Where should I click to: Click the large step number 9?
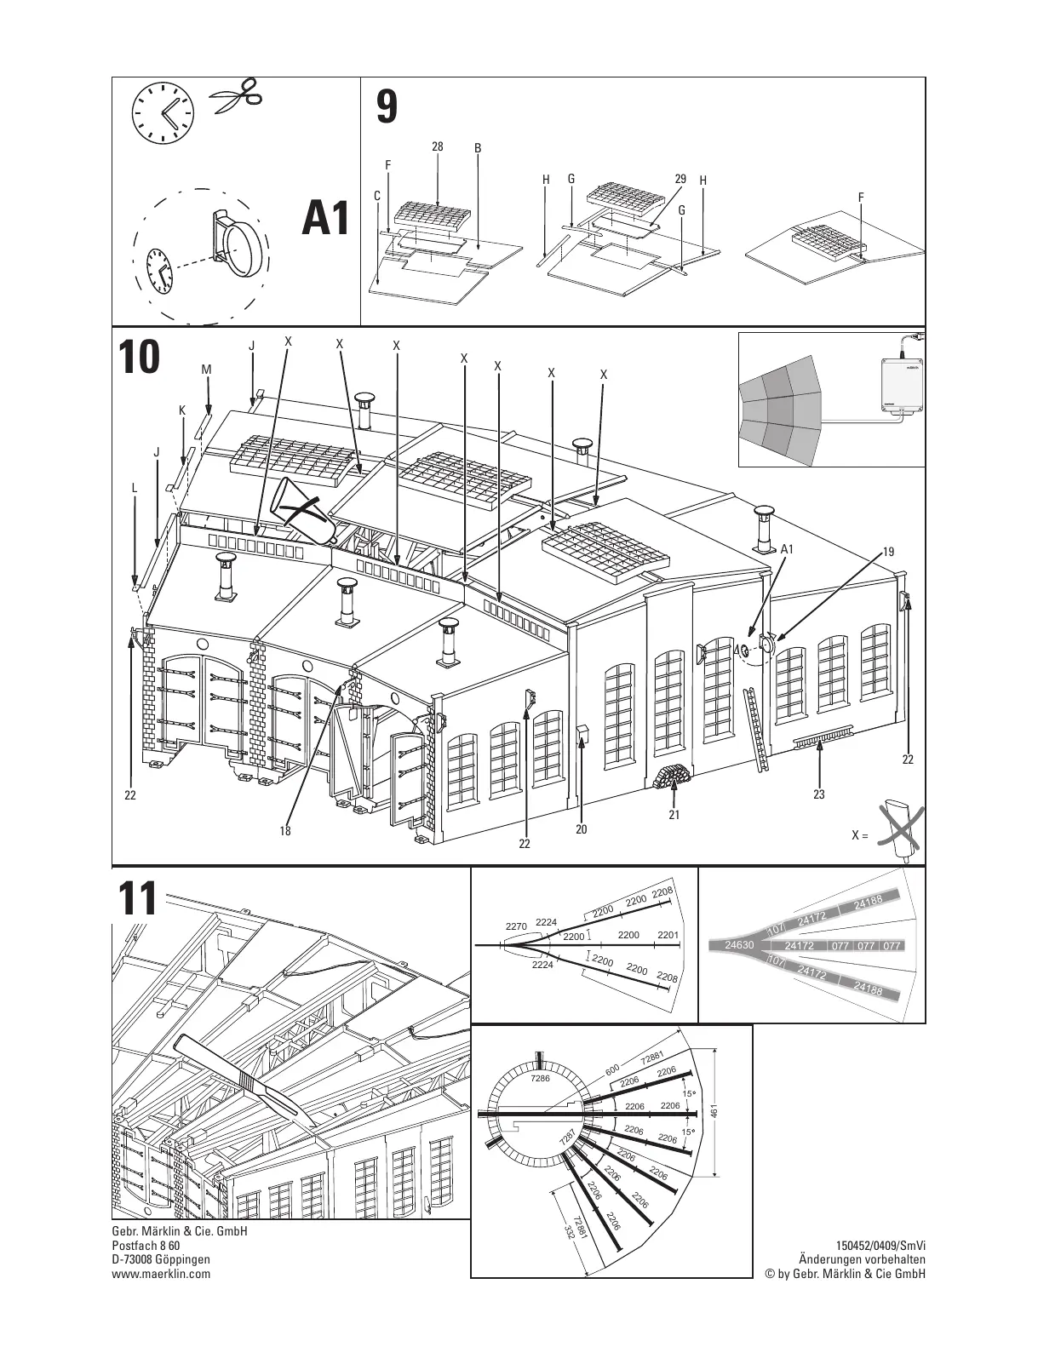point(387,107)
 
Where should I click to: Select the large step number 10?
point(139,358)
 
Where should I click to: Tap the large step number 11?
point(137,899)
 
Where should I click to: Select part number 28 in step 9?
point(437,146)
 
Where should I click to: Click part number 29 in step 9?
point(680,179)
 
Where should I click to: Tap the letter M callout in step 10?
point(206,370)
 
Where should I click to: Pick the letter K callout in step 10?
point(182,410)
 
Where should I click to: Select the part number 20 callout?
point(581,828)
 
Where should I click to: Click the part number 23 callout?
point(819,794)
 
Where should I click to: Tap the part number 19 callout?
point(888,552)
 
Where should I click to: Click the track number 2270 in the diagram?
point(516,926)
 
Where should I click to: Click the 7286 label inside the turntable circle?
point(540,1079)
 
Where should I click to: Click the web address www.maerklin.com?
point(161,1274)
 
